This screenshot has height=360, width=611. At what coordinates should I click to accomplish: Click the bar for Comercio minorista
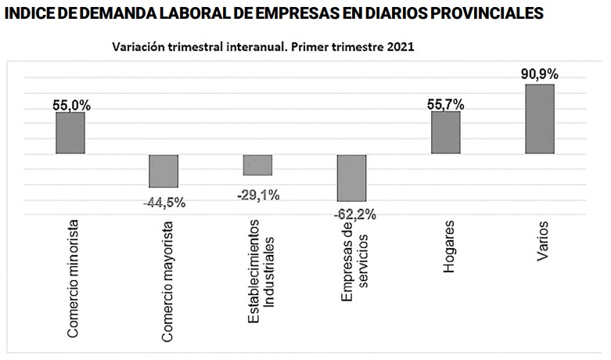pos(70,132)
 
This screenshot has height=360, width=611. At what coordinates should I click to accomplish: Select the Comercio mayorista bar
pos(164,171)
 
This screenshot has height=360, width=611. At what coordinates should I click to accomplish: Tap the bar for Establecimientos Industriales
pos(257,164)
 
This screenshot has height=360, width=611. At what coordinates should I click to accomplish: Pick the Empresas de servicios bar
pos(351,178)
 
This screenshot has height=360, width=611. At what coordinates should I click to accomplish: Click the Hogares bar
pos(446,132)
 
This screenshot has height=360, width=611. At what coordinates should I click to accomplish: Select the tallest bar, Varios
pos(539,118)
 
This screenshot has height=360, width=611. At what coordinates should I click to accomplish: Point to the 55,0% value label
pos(70,104)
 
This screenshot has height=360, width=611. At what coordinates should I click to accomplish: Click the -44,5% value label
pos(164,203)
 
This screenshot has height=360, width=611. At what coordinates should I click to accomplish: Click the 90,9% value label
pos(540,75)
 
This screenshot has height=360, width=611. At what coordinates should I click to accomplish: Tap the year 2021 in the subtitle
pos(399,47)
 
